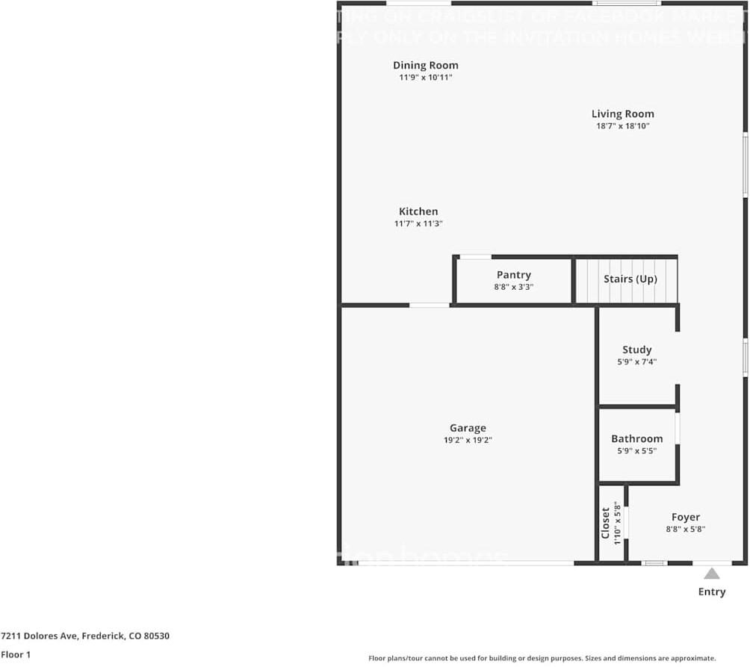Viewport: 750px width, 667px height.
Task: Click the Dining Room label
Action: pyautogui.click(x=426, y=66)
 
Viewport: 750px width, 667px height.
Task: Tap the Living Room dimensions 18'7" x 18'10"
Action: pyautogui.click(x=622, y=126)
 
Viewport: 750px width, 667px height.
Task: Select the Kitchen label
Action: pyautogui.click(x=418, y=211)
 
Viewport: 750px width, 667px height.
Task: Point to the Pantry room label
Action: pyautogui.click(x=513, y=275)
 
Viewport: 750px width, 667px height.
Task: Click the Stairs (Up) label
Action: pyautogui.click(x=630, y=279)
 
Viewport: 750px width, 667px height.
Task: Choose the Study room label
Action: pyautogui.click(x=636, y=350)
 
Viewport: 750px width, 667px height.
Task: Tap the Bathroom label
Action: pyautogui.click(x=636, y=438)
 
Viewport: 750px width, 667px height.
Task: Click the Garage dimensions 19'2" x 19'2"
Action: pyautogui.click(x=468, y=440)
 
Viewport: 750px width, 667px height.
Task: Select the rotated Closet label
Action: pyautogui.click(x=606, y=523)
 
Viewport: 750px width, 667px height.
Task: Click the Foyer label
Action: pyautogui.click(x=685, y=517)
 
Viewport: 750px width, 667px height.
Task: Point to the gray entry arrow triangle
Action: pyautogui.click(x=712, y=574)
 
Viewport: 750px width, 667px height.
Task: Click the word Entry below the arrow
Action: pyautogui.click(x=712, y=592)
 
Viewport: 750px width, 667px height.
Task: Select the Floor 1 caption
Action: pyautogui.click(x=16, y=654)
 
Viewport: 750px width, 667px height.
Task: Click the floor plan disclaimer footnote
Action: pyautogui.click(x=542, y=658)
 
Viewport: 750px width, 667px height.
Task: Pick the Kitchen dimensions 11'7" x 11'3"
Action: pyautogui.click(x=418, y=223)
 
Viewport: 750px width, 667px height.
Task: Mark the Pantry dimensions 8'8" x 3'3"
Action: pyautogui.click(x=513, y=287)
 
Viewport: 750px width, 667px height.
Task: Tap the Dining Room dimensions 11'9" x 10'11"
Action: pyautogui.click(x=426, y=77)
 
